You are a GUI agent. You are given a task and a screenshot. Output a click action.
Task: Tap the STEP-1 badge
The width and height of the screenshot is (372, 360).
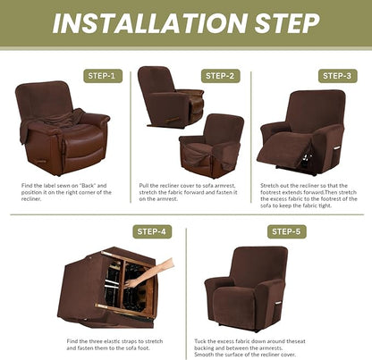pyautogui.click(x=100, y=76)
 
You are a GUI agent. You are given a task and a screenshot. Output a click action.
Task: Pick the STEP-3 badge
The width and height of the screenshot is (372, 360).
pyautogui.click(x=338, y=76)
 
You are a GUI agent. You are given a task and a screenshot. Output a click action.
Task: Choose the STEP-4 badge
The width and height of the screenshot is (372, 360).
pyautogui.click(x=151, y=231)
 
